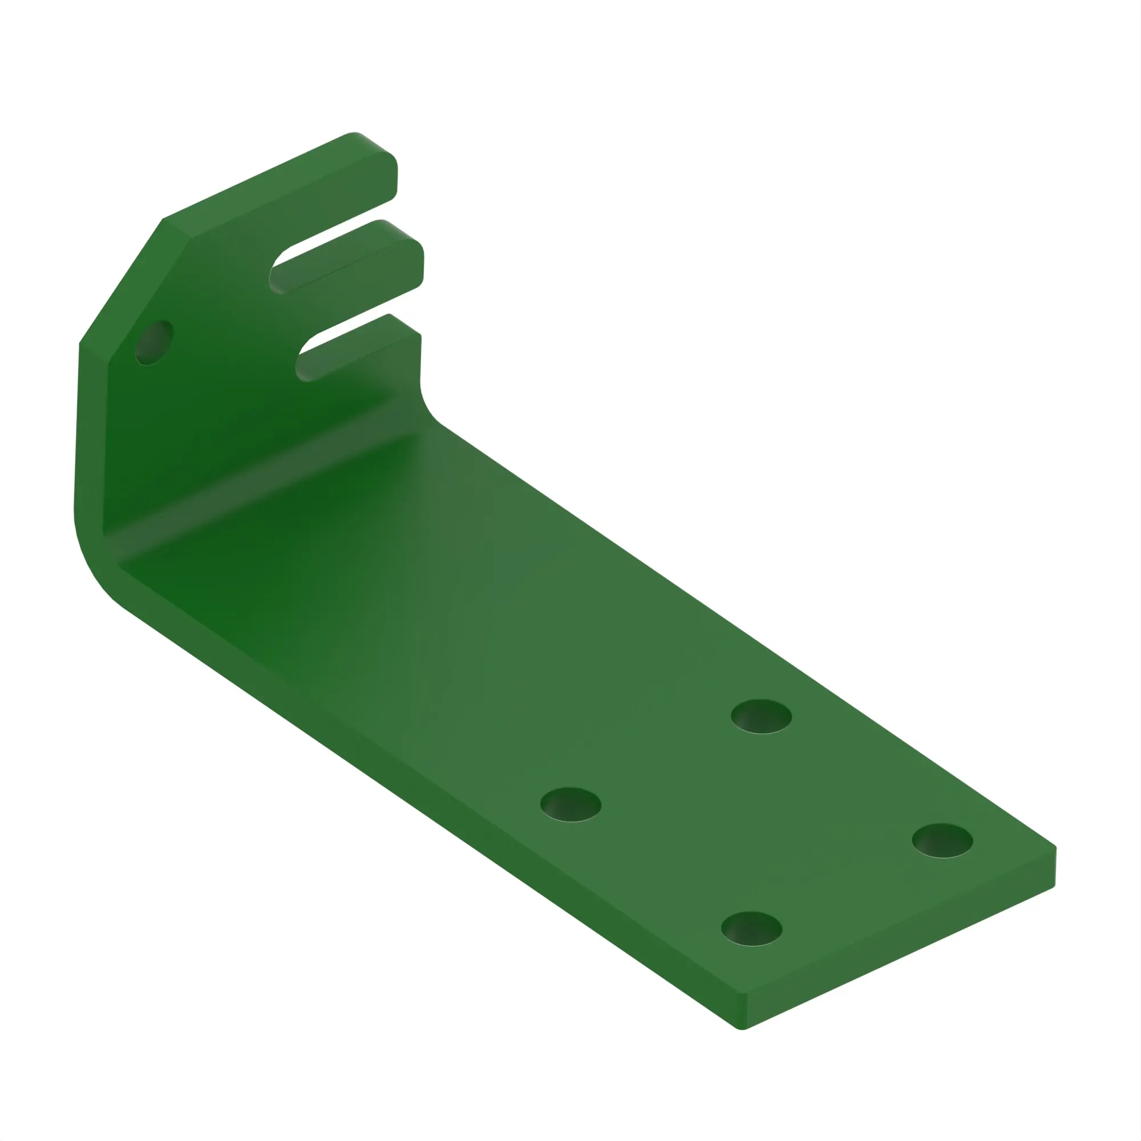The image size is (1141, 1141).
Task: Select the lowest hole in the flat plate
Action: (751, 928)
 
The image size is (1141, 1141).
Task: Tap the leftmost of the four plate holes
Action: (570, 804)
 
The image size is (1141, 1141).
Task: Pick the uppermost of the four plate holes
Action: (761, 717)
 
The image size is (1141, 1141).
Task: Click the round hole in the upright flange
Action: (153, 343)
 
